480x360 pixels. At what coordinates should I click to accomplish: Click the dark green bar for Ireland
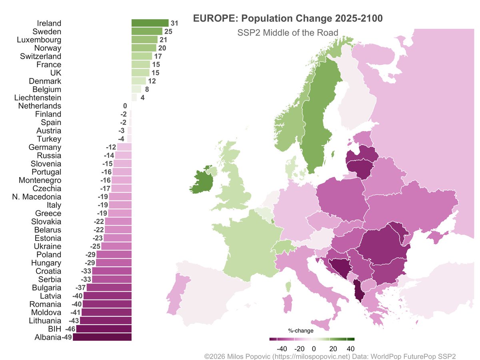[150, 23]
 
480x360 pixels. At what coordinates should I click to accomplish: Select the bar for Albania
[102, 338]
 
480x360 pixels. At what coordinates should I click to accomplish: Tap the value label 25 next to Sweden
[168, 32]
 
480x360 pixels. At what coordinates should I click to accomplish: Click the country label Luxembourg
[39, 40]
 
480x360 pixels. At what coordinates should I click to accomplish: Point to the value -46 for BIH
[70, 329]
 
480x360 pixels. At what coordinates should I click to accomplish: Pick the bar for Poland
[114, 255]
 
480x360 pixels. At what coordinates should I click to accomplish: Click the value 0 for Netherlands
[125, 106]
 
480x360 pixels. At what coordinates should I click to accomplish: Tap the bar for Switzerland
[142, 56]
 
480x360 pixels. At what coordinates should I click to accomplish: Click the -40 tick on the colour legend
[282, 348]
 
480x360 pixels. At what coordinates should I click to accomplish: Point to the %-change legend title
[301, 331]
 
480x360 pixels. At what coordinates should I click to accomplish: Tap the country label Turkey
[49, 139]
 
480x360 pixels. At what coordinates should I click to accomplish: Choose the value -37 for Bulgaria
[81, 288]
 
